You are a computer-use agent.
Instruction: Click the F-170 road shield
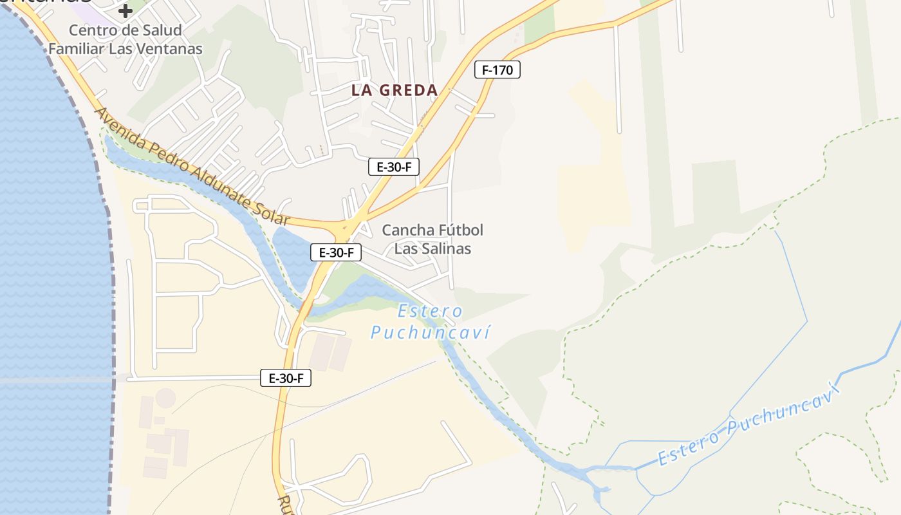point(497,70)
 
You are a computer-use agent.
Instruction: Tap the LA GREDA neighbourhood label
point(395,90)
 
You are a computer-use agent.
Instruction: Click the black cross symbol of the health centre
point(125,10)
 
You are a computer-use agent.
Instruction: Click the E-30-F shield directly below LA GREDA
point(394,167)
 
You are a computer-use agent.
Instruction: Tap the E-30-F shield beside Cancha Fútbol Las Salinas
point(335,252)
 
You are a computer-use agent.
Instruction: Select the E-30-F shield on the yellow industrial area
point(286,378)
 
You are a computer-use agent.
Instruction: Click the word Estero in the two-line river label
point(430,312)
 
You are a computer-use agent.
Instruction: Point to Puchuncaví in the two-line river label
point(430,332)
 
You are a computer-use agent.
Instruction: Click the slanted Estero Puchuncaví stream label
point(749,425)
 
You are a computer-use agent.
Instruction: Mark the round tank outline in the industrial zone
point(165,397)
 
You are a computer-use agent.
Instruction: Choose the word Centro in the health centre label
point(92,30)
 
